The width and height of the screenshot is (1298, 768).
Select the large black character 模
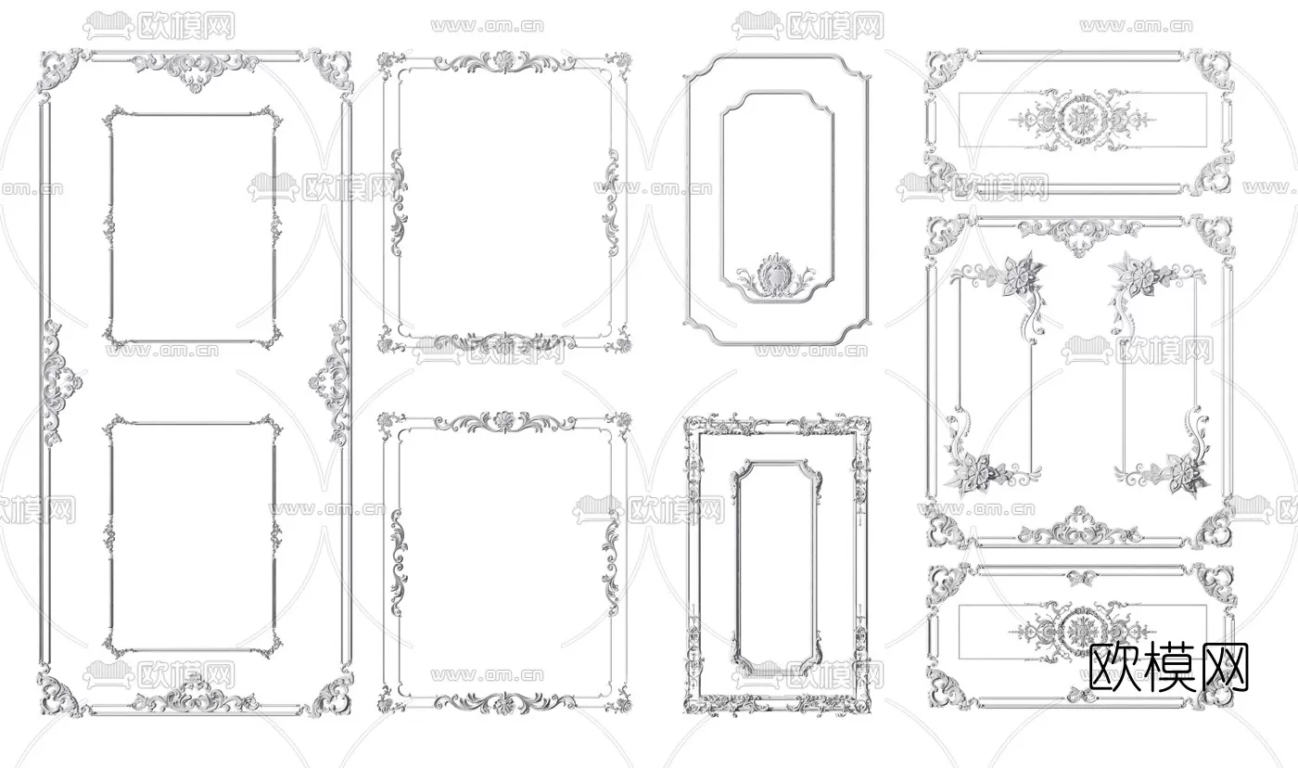1169,666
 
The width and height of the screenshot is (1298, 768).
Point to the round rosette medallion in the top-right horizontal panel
1080,122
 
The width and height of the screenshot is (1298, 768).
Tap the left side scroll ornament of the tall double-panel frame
57,383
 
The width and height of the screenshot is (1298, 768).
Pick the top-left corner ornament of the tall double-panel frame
57,70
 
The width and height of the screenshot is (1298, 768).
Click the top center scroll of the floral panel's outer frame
1080,234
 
